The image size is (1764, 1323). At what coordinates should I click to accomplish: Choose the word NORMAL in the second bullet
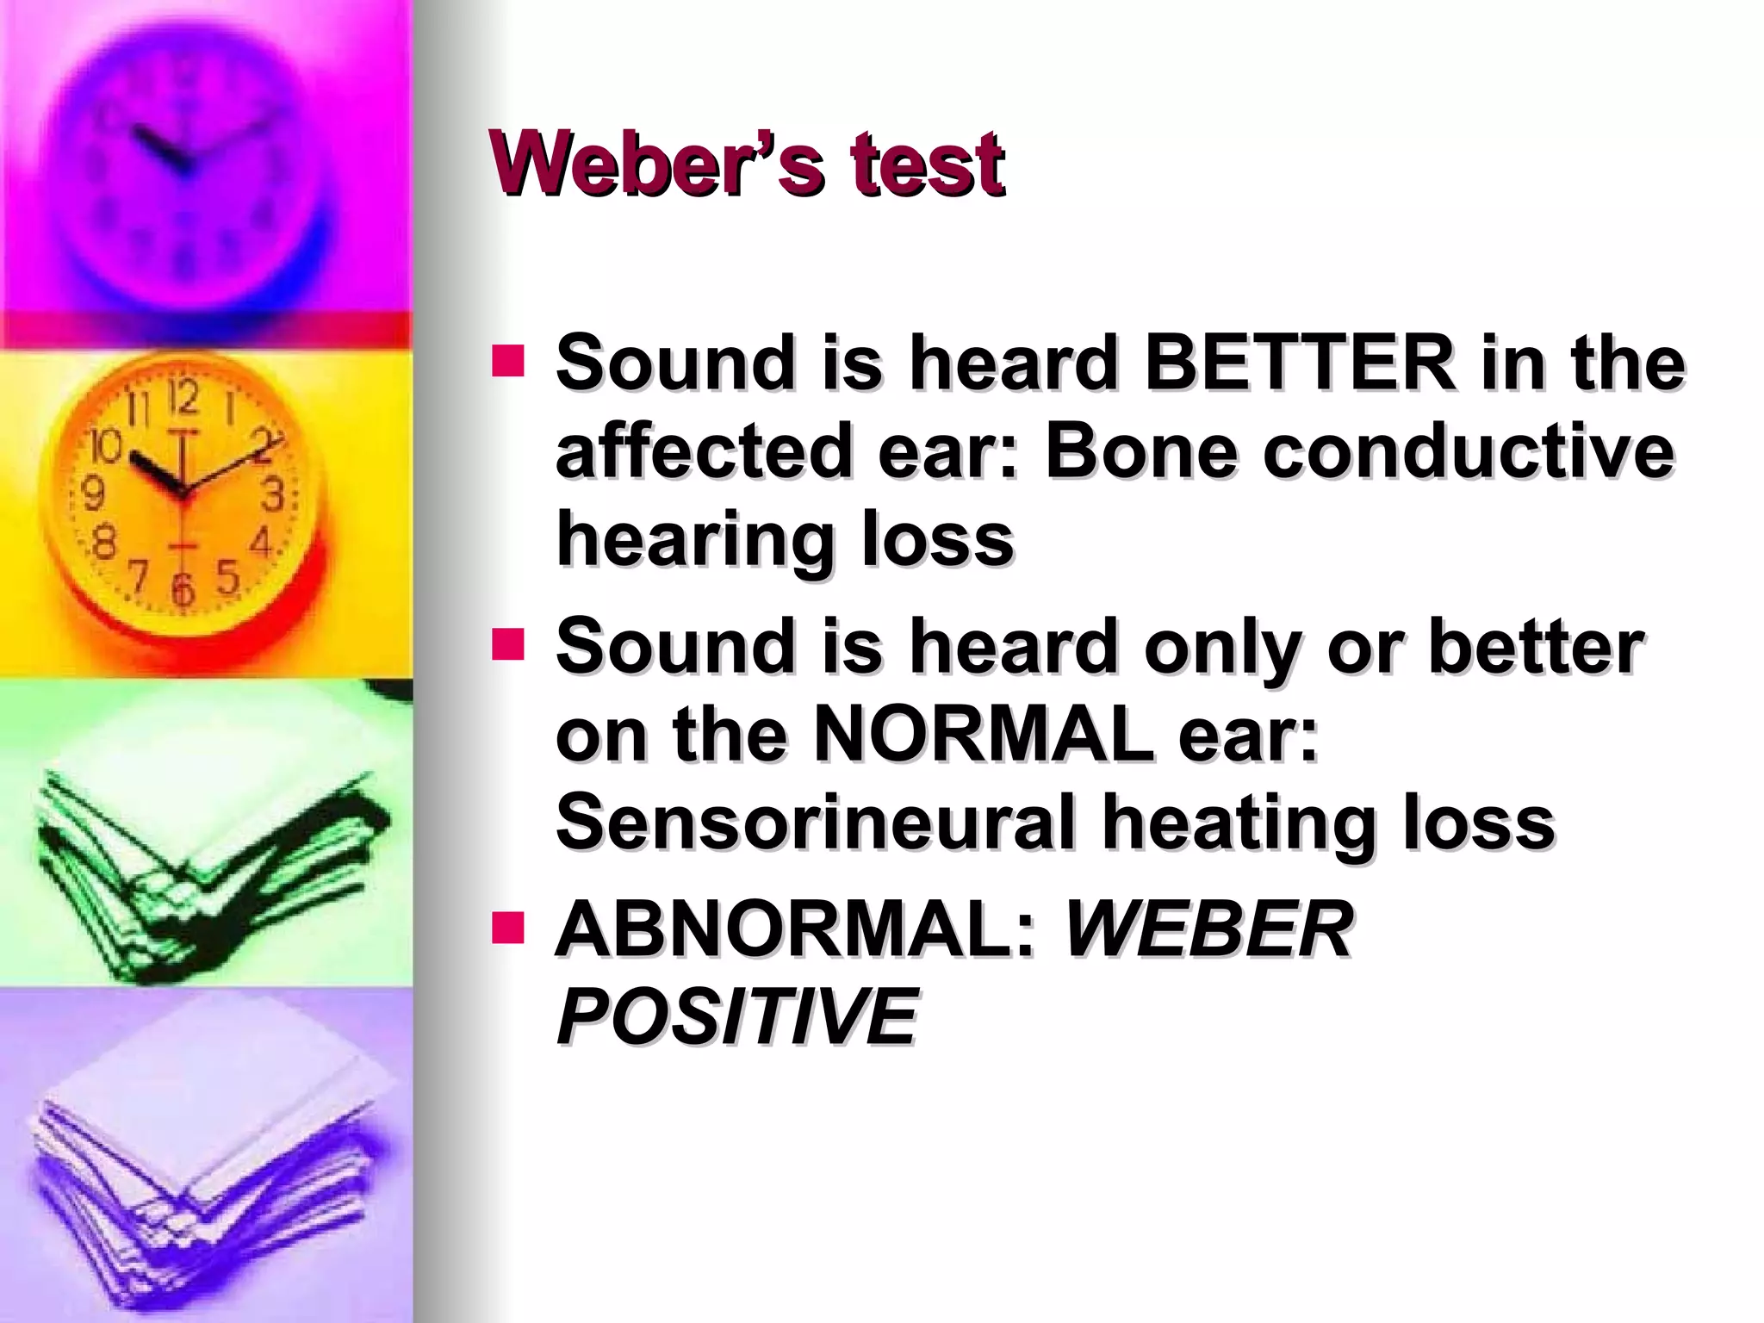tap(983, 735)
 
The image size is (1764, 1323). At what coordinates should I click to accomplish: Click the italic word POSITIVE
tap(737, 1017)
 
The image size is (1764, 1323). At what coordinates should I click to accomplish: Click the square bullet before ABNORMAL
tap(507, 928)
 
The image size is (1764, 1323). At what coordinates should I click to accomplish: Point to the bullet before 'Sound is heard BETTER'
tap(507, 362)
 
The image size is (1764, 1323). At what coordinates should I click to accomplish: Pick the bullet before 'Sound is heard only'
tap(507, 644)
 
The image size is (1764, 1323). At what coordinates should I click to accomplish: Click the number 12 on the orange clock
tap(182, 398)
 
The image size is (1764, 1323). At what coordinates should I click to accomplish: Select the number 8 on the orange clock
tap(104, 543)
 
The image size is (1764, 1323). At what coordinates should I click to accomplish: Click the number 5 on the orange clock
tap(227, 576)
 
